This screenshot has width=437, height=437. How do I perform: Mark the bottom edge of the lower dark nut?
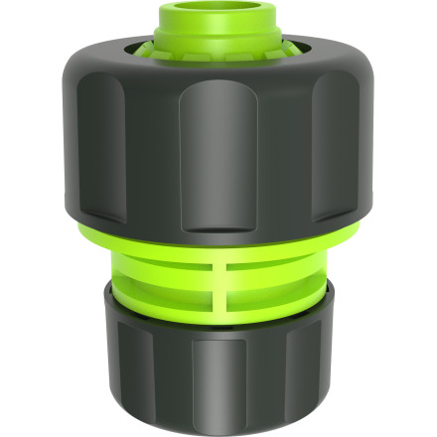point(218,429)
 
